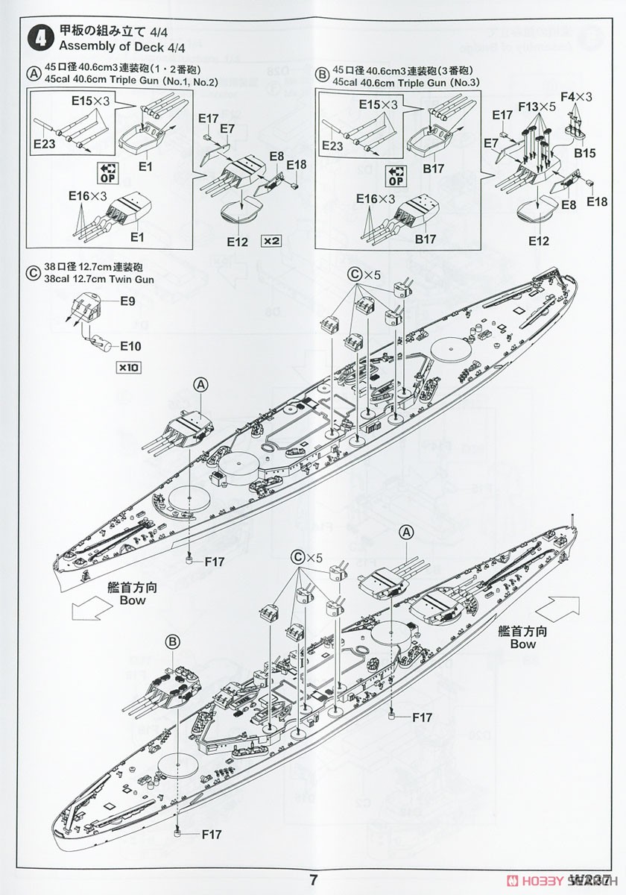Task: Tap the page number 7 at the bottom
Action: [x=314, y=879]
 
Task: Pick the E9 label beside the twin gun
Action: [x=127, y=302]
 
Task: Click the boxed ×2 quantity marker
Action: [x=271, y=241]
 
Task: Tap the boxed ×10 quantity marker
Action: [x=127, y=367]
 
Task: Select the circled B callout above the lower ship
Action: [x=172, y=641]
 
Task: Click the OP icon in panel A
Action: [x=107, y=174]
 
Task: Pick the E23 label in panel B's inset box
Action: [x=331, y=146]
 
